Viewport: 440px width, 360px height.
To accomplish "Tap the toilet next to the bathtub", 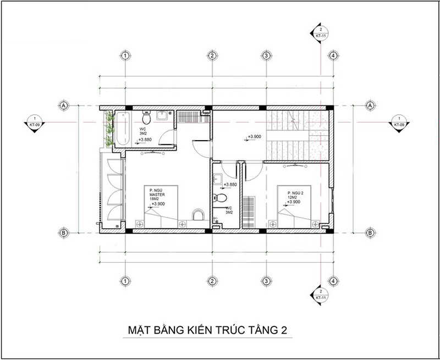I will [146, 118].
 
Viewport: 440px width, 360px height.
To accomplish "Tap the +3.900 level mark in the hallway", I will [254, 137].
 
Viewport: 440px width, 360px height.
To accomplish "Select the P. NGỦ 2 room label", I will [295, 193].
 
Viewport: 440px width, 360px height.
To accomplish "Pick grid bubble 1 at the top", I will [126, 56].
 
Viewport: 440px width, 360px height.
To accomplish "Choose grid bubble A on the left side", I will [64, 104].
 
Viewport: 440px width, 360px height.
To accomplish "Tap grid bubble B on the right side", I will [371, 232].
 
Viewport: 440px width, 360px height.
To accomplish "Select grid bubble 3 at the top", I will [266, 56].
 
